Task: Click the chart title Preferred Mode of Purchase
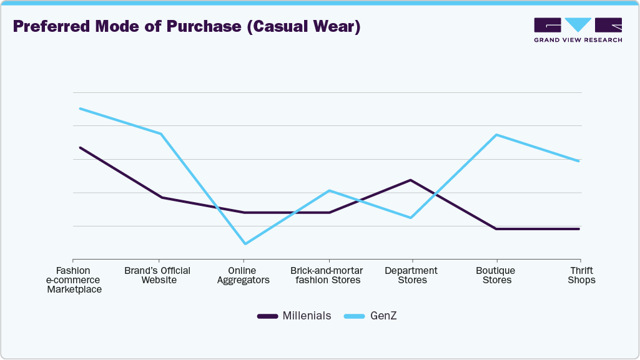click(x=187, y=27)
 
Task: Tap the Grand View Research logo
click(x=578, y=30)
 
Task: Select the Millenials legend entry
click(x=294, y=316)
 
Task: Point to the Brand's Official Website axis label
click(x=158, y=275)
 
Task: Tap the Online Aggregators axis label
click(x=244, y=275)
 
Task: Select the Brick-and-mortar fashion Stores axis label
click(x=327, y=275)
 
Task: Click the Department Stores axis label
click(x=411, y=275)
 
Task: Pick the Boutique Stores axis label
click(x=496, y=275)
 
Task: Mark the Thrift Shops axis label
click(x=581, y=275)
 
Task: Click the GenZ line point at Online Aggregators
click(x=244, y=244)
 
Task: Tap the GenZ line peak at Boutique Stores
click(x=496, y=135)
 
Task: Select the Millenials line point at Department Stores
click(x=410, y=180)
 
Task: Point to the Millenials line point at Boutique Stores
click(x=496, y=229)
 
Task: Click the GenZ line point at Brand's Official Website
click(x=161, y=134)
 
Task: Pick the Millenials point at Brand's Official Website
click(x=161, y=197)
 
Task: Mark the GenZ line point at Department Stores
click(x=410, y=218)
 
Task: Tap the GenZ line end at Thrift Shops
click(x=579, y=161)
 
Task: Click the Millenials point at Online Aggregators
click(x=244, y=213)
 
